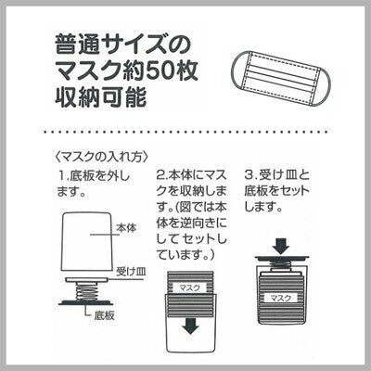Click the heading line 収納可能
coord(100,97)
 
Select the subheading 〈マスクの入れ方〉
coord(100,157)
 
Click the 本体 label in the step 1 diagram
coord(126,228)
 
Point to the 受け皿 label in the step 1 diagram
coord(131,272)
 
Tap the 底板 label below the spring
coord(104,315)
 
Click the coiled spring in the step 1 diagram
coord(87,290)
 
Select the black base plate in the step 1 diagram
coord(87,302)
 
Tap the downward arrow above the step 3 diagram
coord(281,246)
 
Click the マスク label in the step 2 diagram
coord(190,288)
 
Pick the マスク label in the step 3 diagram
coord(281,298)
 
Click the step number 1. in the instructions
coord(64,175)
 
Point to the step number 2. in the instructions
coord(162,175)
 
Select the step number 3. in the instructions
coord(250,175)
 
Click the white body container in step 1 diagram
coord(87,244)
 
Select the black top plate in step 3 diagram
coord(281,258)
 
